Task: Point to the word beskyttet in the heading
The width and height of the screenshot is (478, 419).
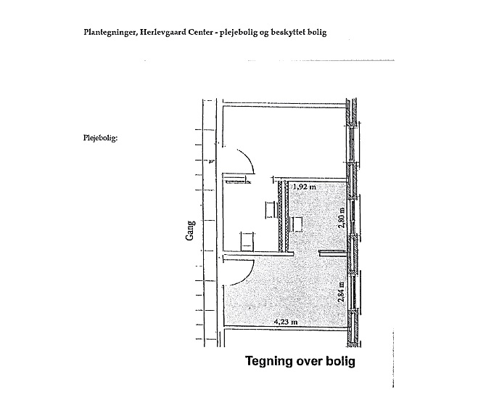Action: tap(288, 32)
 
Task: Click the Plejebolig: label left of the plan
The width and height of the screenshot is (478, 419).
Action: tap(100, 138)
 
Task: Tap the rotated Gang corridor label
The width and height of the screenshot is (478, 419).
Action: tap(190, 230)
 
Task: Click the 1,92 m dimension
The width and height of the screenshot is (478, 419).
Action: tap(304, 187)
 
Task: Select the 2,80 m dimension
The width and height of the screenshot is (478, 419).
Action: tap(342, 218)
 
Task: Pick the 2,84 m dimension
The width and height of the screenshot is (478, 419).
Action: tap(342, 292)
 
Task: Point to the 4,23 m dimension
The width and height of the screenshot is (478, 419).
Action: tap(286, 322)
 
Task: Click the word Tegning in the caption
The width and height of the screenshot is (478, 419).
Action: tap(269, 362)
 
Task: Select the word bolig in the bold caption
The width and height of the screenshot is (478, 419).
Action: tap(341, 362)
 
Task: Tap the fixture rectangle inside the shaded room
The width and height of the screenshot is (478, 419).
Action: tap(297, 224)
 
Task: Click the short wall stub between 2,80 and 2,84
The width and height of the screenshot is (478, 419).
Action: tap(333, 253)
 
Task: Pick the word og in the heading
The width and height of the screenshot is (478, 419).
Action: tap(264, 33)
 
